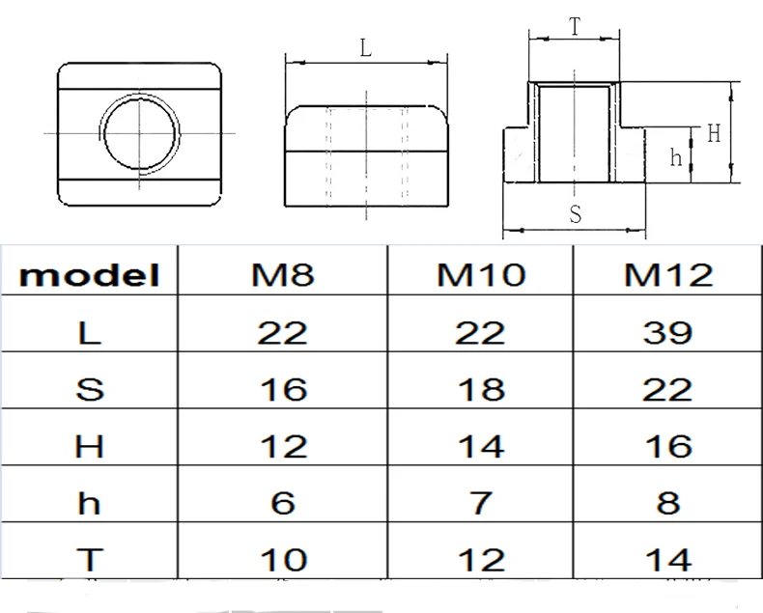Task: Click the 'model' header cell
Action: [x=90, y=274]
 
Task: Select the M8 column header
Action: [x=283, y=274]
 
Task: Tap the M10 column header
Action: [x=481, y=274]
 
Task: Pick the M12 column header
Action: [x=668, y=274]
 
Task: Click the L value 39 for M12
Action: [x=667, y=333]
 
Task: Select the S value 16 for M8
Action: [x=284, y=389]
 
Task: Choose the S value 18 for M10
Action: [x=481, y=389]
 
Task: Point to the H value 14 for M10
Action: [x=481, y=446]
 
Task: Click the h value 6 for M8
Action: [x=283, y=502]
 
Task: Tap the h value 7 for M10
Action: [x=481, y=502]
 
